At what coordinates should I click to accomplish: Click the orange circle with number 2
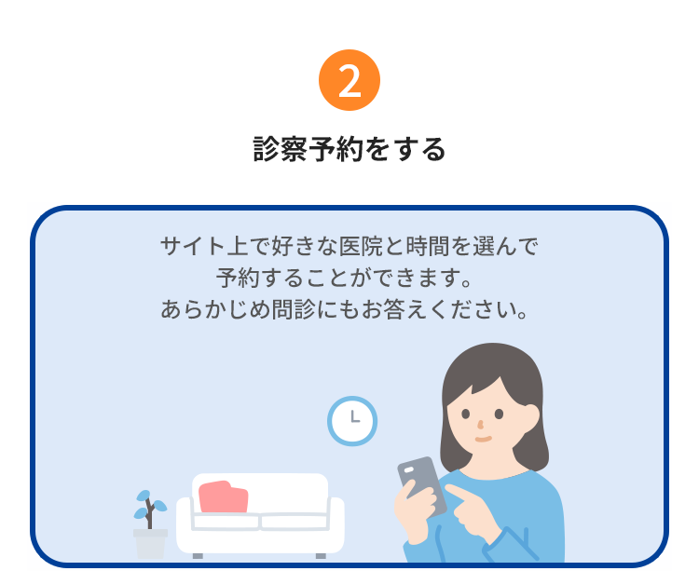coord(349,81)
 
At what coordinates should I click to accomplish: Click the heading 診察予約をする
coord(349,149)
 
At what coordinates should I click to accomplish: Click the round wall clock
coord(352,421)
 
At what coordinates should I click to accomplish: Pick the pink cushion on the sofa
coord(223,496)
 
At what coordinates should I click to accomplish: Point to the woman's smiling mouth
coord(482,438)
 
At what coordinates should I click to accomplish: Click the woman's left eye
coord(500,414)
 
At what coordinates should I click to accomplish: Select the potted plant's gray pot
coord(150,543)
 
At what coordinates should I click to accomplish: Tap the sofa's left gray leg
coord(198,555)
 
